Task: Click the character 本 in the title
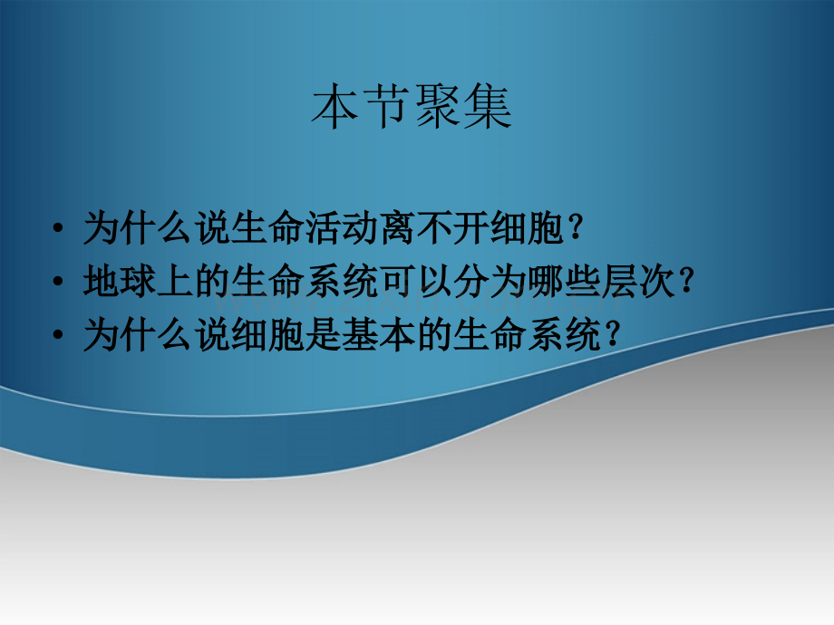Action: coord(334,107)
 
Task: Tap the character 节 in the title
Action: coord(385,107)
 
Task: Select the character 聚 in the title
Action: coord(437,107)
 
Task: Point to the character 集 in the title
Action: coord(488,107)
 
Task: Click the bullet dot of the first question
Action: coord(58,229)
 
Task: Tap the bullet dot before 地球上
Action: coord(58,282)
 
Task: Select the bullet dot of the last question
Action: coord(58,335)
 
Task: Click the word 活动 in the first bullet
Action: coord(343,228)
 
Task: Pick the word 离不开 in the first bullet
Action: coord(435,228)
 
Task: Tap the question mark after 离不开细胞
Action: coord(576,227)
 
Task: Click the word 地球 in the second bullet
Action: coord(121,281)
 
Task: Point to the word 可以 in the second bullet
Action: coord(416,281)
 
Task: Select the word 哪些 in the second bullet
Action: coord(565,281)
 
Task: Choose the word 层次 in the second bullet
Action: coord(638,281)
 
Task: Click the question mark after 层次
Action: coord(686,281)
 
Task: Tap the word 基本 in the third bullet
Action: coord(379,334)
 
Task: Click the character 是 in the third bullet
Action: coord(324,334)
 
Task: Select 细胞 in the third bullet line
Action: coord(268,334)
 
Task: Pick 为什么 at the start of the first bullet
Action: coord(139,228)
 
